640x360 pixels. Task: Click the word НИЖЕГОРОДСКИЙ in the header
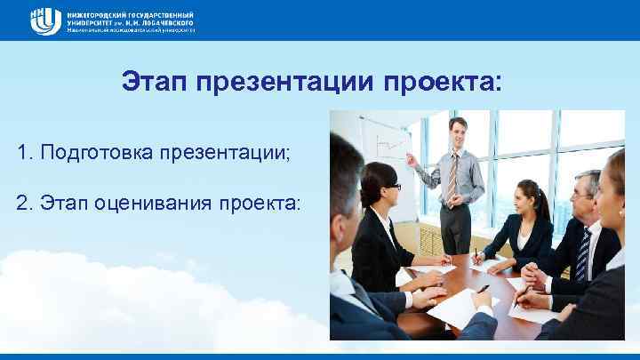97,12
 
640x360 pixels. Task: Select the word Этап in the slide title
156,83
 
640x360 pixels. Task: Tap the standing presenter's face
457,132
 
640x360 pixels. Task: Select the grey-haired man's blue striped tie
584,253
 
